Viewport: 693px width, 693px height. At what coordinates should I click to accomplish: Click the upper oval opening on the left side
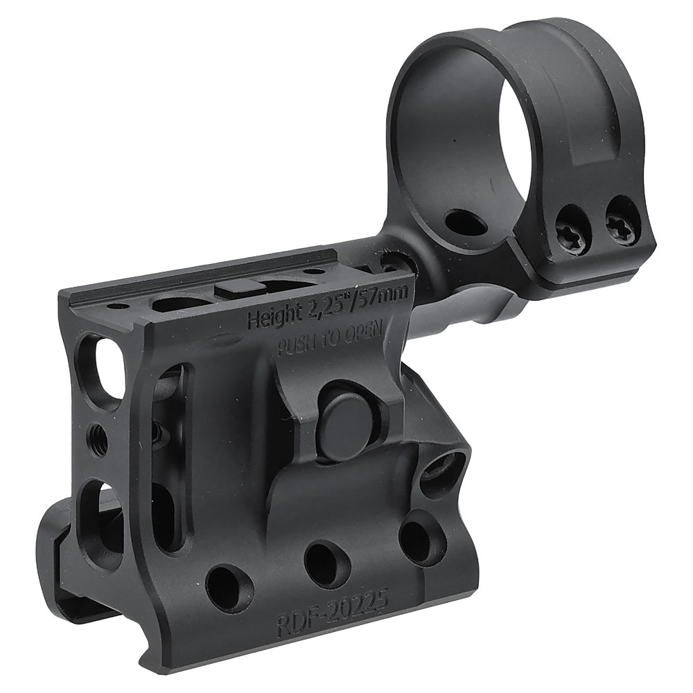click(100, 362)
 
